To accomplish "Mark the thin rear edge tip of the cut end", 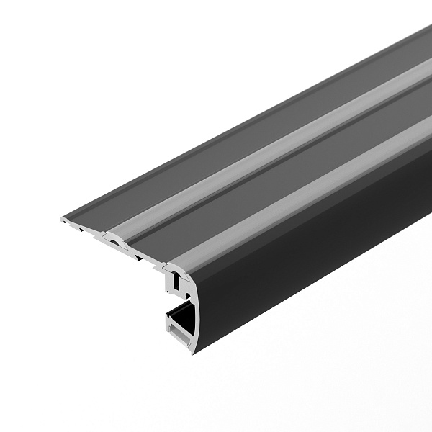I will click(x=60, y=217).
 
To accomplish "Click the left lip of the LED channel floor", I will click(x=170, y=328).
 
